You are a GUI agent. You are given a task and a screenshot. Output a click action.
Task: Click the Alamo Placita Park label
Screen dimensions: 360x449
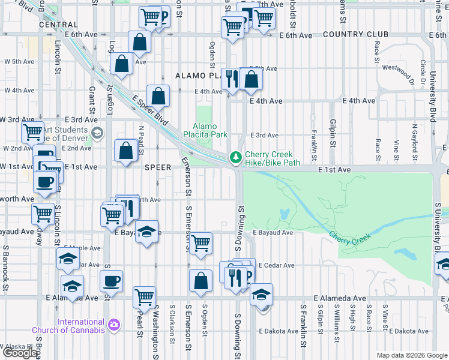click(209, 131)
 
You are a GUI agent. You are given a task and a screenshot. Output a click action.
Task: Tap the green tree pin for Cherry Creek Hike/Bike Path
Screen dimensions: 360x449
click(237, 157)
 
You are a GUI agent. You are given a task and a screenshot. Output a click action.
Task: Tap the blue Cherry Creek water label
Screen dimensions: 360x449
click(350, 236)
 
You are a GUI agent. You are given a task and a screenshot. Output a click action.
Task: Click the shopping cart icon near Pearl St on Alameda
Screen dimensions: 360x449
click(144, 296)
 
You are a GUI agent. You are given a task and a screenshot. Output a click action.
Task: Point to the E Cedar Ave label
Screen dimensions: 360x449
click(276, 265)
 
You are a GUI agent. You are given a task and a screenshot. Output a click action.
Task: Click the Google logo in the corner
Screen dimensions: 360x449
click(20, 353)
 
